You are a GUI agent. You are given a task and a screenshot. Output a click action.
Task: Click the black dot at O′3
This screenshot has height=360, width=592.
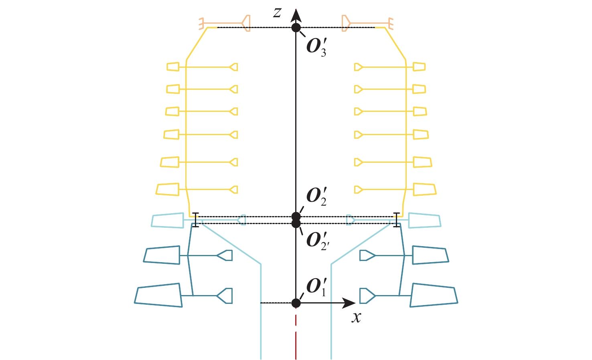pyautogui.click(x=296, y=27)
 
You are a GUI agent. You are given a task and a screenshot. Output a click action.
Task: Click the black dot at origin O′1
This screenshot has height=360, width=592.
pyautogui.click(x=296, y=303)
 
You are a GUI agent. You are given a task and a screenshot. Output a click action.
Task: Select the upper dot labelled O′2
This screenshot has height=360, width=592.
pyautogui.click(x=296, y=216)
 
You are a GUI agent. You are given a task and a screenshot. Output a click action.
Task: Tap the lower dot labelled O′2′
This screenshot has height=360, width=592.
pyautogui.click(x=296, y=223)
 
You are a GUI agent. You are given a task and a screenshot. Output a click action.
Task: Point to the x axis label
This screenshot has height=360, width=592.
pyautogui.click(x=356, y=318)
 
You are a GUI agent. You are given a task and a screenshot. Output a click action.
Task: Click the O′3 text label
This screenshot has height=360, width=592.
pyautogui.click(x=316, y=47)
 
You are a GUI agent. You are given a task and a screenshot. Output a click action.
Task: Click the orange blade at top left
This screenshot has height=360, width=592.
pyautogui.click(x=245, y=23)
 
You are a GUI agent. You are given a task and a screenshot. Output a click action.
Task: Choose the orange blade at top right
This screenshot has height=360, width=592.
pyautogui.click(x=346, y=23)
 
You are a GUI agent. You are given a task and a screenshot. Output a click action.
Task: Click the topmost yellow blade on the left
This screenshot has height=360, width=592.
pyautogui.click(x=173, y=67)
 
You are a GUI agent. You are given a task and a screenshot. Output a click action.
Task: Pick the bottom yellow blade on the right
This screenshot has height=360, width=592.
pyautogui.click(x=424, y=189)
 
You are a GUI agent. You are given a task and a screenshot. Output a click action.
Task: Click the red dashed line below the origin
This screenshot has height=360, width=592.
pyautogui.click(x=296, y=333)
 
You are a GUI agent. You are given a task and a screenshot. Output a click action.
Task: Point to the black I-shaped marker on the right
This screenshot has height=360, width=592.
pyautogui.click(x=397, y=220)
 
